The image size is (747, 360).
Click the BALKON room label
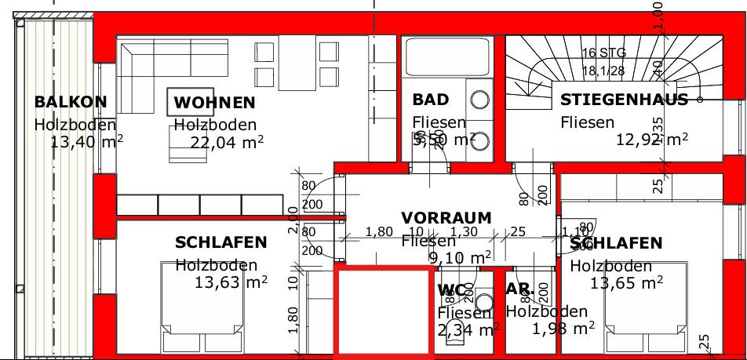pyautogui.click(x=70, y=102)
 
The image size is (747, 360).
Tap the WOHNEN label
pyautogui.click(x=214, y=103)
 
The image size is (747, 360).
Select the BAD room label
pyautogui.click(x=431, y=100)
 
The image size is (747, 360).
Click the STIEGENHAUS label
pyautogui.click(x=624, y=100)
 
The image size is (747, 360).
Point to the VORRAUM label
pyautogui.click(x=446, y=217)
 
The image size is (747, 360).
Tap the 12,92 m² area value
pyautogui.click(x=652, y=140)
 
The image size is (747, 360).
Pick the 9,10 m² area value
pyautogui.click(x=459, y=256)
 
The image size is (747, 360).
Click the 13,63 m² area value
pyautogui.click(x=231, y=282)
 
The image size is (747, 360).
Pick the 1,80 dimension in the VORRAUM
pyautogui.click(x=380, y=232)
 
